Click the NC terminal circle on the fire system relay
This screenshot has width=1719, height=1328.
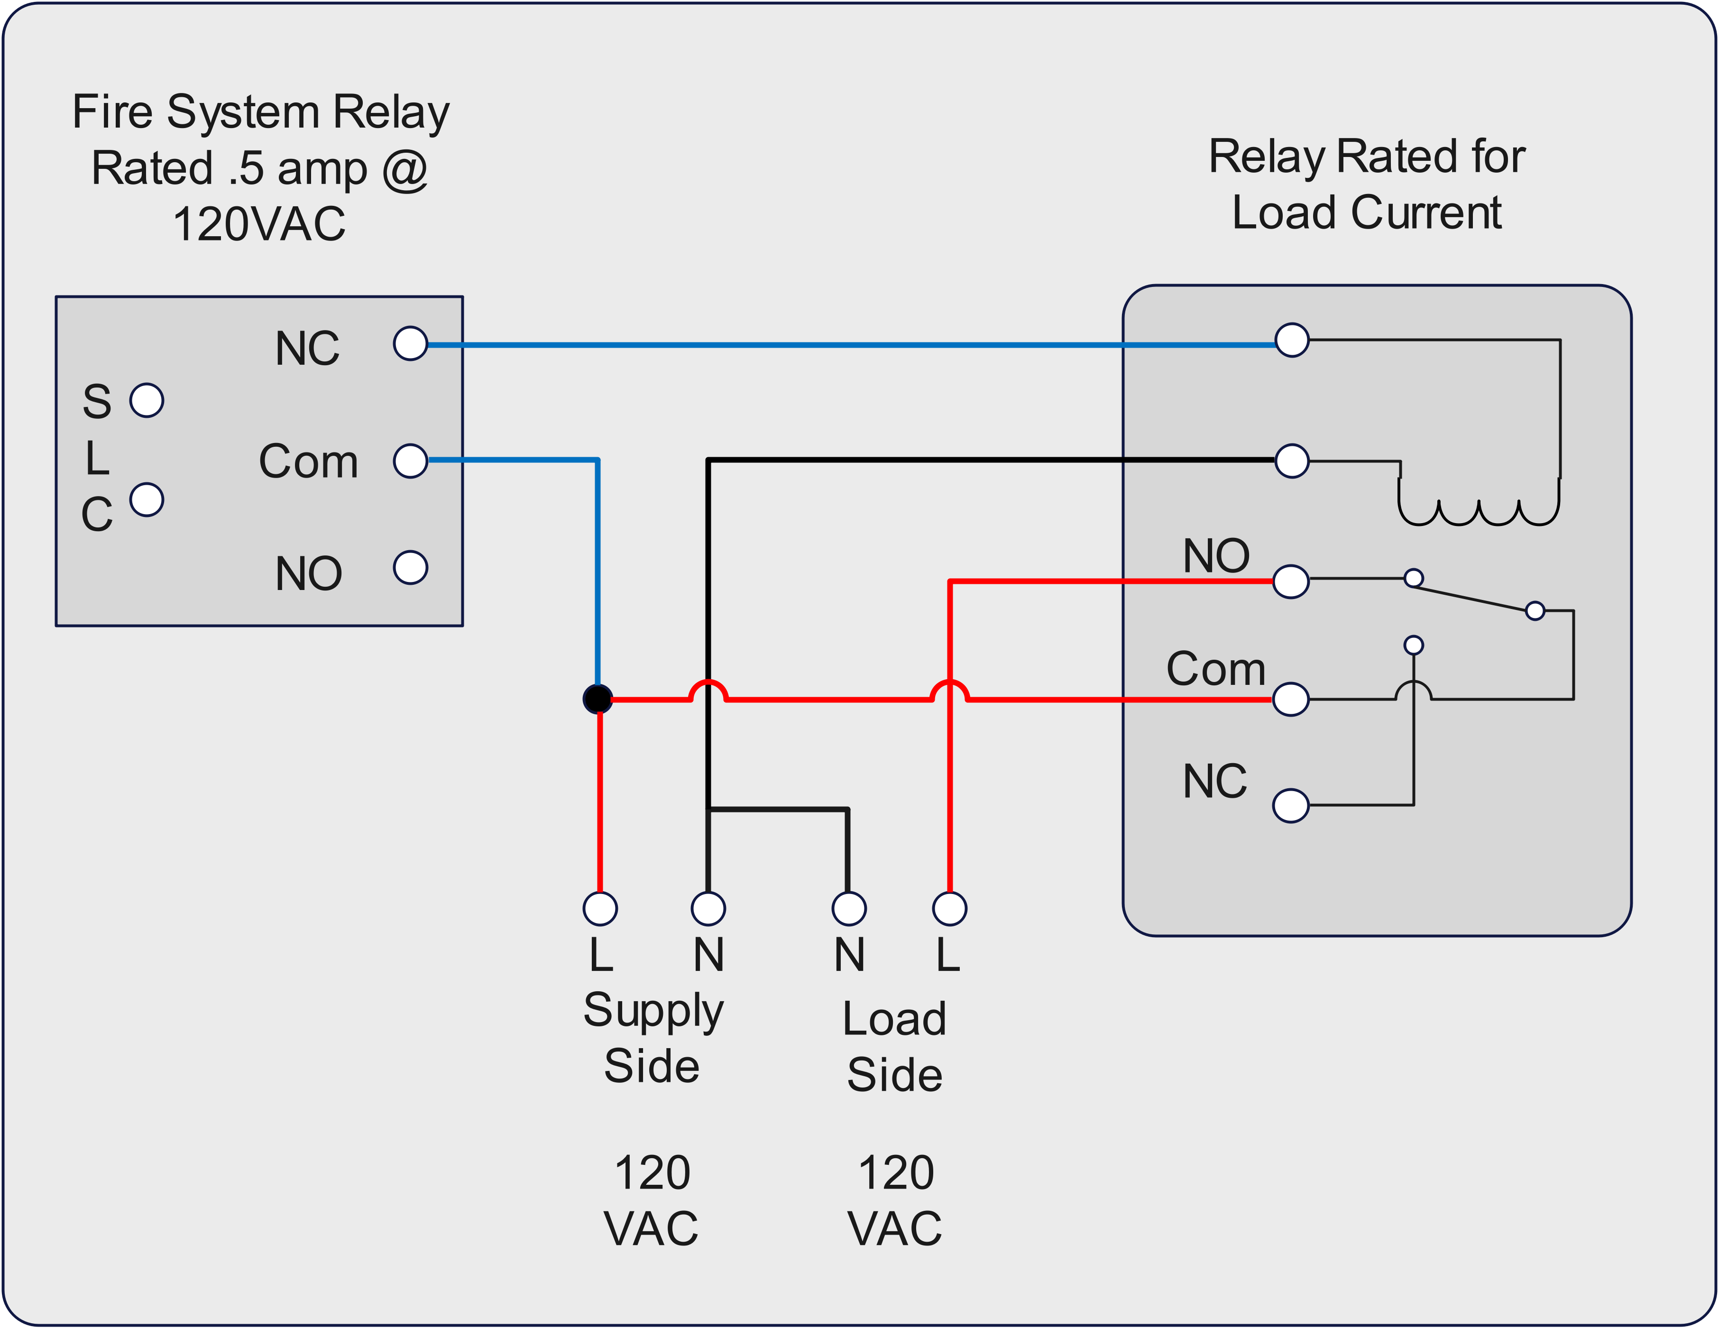coord(410,344)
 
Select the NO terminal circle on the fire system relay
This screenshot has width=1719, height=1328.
coord(410,568)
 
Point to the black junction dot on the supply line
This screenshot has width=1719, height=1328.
coord(598,698)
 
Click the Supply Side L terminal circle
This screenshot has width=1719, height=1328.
coord(600,908)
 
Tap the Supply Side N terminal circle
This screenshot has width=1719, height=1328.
coord(708,908)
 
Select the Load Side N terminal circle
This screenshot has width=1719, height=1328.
coord(848,908)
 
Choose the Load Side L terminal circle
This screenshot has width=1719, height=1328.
coord(949,908)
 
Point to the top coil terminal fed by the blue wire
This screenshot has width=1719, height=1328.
coord(1292,340)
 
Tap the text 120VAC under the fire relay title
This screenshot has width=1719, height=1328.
coord(259,224)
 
